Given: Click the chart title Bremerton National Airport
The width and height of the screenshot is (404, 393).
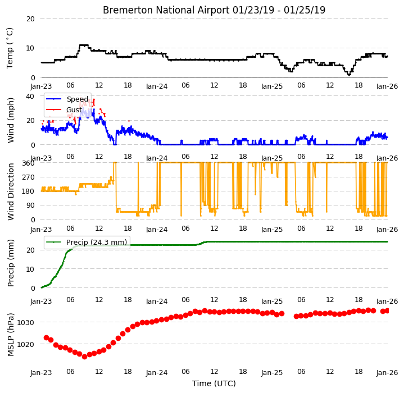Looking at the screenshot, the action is [166, 10].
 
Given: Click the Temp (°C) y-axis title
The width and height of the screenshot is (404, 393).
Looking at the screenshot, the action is [10, 48].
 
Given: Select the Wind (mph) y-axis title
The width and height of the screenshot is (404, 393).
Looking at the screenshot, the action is [11, 120].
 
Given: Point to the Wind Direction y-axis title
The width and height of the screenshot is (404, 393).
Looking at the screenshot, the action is [11, 192].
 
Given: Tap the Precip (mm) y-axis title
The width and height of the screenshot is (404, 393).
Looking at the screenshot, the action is [11, 263].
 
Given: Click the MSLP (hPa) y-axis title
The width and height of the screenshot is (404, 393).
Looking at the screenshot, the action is [11, 335].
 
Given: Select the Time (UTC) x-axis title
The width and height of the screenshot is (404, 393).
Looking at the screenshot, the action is [214, 383].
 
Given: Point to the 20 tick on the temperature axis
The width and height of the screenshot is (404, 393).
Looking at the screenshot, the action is [30, 19].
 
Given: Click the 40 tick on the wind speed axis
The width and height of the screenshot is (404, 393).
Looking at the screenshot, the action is [30, 96].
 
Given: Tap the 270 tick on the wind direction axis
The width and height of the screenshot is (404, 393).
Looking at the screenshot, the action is [28, 177].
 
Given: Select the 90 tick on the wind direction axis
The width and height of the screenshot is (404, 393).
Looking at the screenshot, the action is [30, 205].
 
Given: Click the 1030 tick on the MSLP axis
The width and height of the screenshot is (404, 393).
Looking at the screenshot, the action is [25, 322].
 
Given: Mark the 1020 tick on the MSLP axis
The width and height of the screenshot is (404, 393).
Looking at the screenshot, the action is [25, 344].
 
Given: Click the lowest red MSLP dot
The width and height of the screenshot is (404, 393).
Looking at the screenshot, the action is [84, 357].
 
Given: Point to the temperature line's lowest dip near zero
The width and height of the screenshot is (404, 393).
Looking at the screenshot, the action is [349, 74].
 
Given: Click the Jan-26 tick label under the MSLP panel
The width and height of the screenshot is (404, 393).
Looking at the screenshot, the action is [387, 372].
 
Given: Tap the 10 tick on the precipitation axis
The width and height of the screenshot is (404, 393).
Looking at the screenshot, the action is [30, 269].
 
